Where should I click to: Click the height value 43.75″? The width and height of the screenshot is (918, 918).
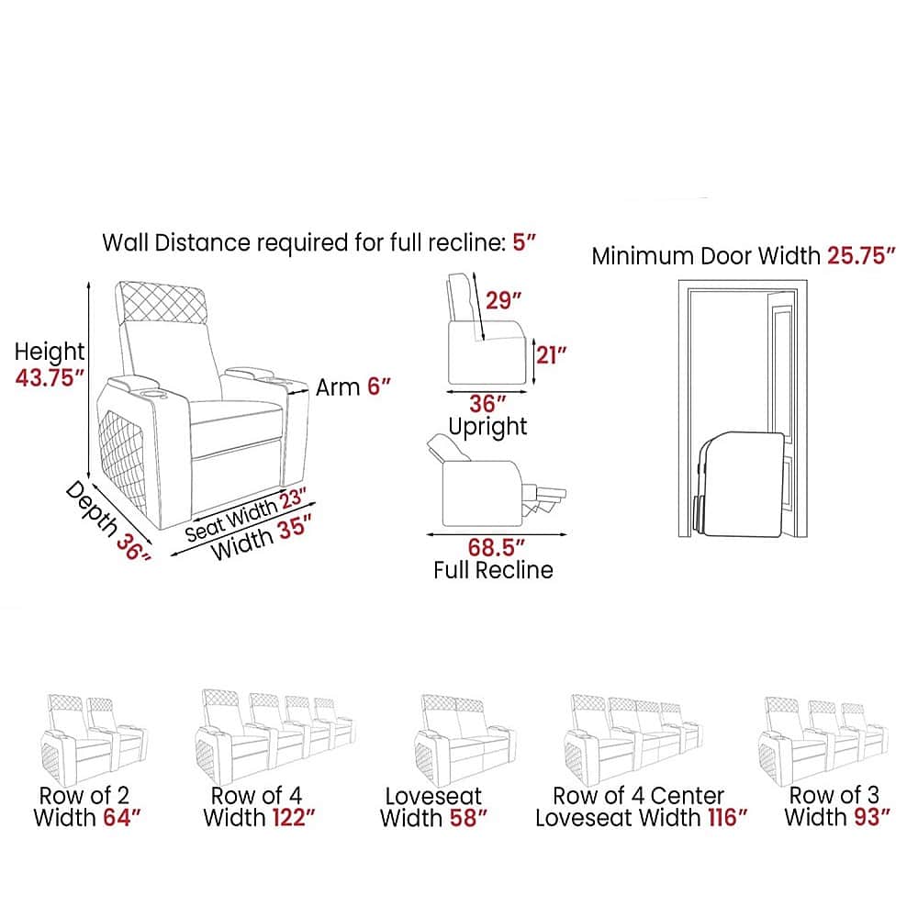point(50,377)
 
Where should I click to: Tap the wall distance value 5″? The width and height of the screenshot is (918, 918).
point(524,241)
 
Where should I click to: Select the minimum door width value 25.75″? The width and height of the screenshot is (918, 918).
point(861,256)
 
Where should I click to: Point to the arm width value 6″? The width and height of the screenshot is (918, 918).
point(378,386)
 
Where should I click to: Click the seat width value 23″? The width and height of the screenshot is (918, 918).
point(294,499)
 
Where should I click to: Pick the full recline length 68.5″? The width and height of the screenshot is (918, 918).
point(496,548)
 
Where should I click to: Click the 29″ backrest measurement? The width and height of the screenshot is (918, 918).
point(503,300)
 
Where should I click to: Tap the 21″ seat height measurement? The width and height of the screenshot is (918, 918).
point(552,354)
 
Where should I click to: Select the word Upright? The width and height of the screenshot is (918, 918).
point(487,427)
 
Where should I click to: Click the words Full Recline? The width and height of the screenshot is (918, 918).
point(493,570)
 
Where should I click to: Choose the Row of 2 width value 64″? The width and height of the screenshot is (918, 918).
point(122,817)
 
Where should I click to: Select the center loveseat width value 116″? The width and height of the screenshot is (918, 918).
point(727,817)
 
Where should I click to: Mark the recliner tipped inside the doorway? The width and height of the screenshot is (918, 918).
point(741,484)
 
